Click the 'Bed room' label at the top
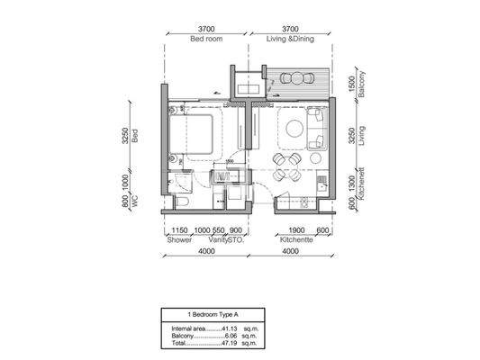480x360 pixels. [x=206, y=40]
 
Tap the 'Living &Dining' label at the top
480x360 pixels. [x=291, y=40]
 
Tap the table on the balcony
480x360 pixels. [x=294, y=78]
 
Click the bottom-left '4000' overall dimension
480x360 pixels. [x=205, y=253]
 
